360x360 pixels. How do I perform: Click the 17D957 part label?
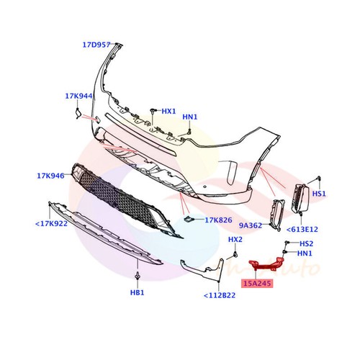(96, 45)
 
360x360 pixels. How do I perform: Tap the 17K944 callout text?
(79, 95)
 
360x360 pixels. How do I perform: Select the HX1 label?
(168, 112)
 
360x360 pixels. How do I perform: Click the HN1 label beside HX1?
(189, 117)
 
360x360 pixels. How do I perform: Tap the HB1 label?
(137, 293)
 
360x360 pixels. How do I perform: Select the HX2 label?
(235, 239)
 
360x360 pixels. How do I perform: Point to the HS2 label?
(306, 243)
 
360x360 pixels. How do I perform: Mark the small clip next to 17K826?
(187, 219)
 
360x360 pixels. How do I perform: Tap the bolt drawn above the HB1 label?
(137, 276)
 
